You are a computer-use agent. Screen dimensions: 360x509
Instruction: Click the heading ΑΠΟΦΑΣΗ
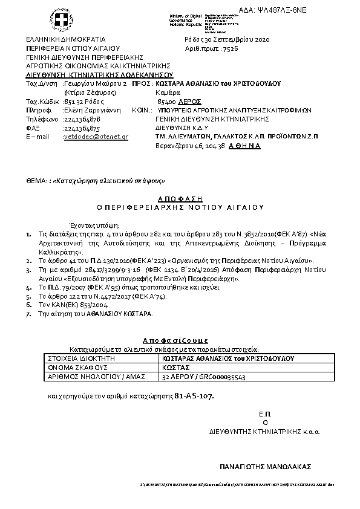pos(181,198)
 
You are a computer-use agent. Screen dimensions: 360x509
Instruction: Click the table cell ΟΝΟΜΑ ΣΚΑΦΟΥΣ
pos(77,367)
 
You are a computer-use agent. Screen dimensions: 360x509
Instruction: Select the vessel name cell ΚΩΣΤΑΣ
pos(177,367)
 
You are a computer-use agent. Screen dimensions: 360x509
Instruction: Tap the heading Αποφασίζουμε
pos(179,340)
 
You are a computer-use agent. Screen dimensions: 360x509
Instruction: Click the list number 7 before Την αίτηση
pos(28,314)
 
